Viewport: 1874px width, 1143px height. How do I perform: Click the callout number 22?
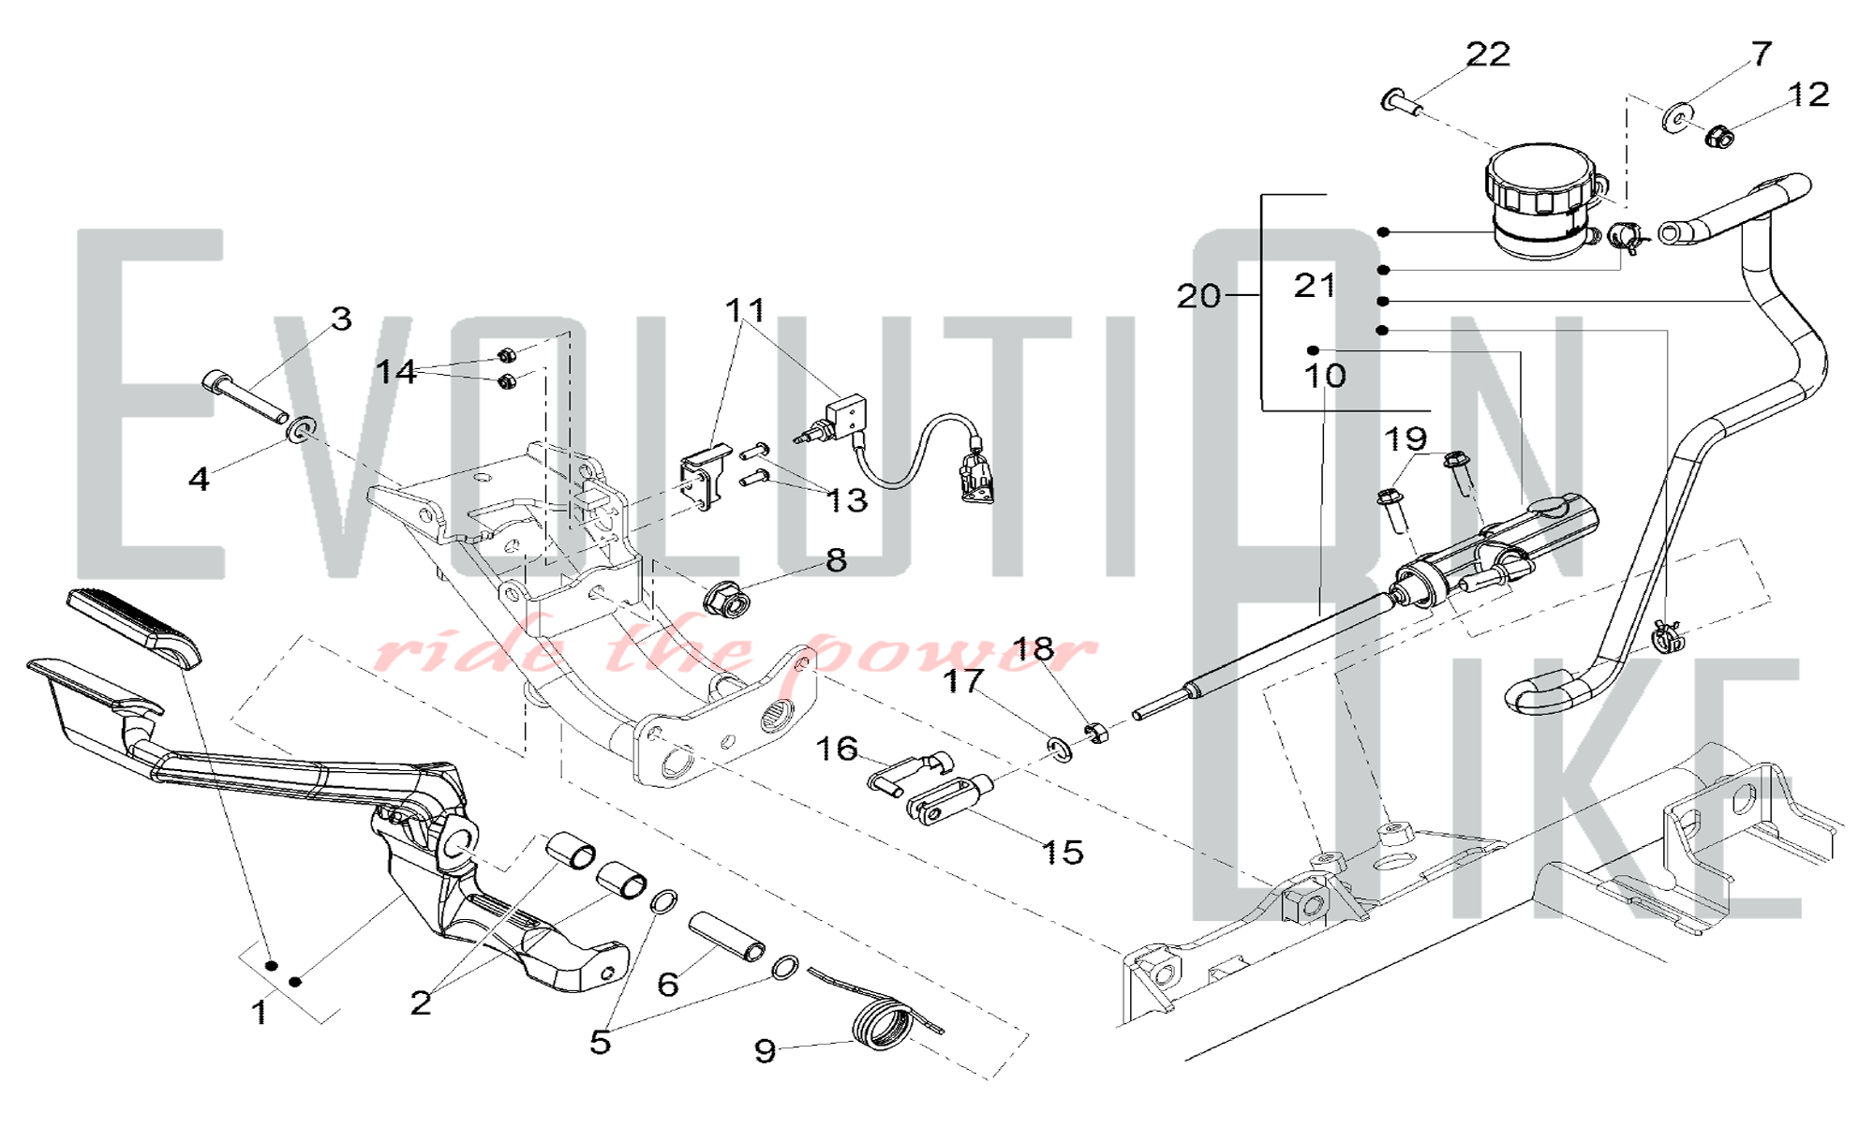point(1488,54)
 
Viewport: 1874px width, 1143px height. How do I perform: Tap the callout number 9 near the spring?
point(765,1051)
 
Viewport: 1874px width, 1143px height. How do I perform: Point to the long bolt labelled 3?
point(245,398)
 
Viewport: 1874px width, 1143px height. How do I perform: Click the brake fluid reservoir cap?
point(1539,181)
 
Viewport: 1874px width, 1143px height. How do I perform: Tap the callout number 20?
point(1199,296)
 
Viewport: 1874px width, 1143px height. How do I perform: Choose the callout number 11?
point(746,309)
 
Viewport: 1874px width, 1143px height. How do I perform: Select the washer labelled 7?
point(1675,119)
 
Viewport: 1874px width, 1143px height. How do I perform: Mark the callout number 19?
point(1405,438)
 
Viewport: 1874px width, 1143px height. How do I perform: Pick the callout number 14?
point(395,371)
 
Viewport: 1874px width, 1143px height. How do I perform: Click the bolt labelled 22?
point(1403,101)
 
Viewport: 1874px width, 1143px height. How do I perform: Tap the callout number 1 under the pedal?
point(260,1013)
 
